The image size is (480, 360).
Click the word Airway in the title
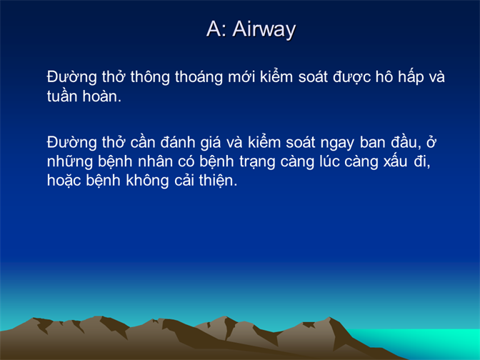[x=264, y=30]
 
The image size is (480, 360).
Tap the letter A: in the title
[x=216, y=29]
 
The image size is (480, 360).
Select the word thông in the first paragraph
[x=150, y=76]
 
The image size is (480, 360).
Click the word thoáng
[x=199, y=76]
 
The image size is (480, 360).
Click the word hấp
[x=411, y=76]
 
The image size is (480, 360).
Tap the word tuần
[x=62, y=96]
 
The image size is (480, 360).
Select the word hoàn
[x=102, y=96]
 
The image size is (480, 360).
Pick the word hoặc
[x=64, y=180]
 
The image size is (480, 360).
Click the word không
[x=147, y=180]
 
